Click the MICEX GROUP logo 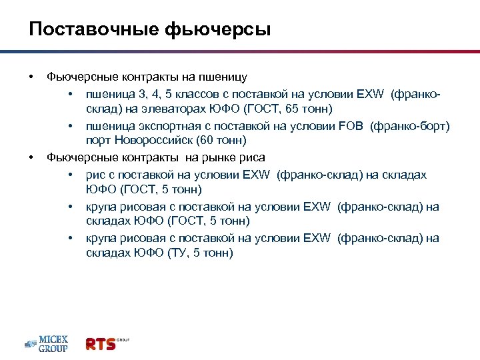tap(46, 343)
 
